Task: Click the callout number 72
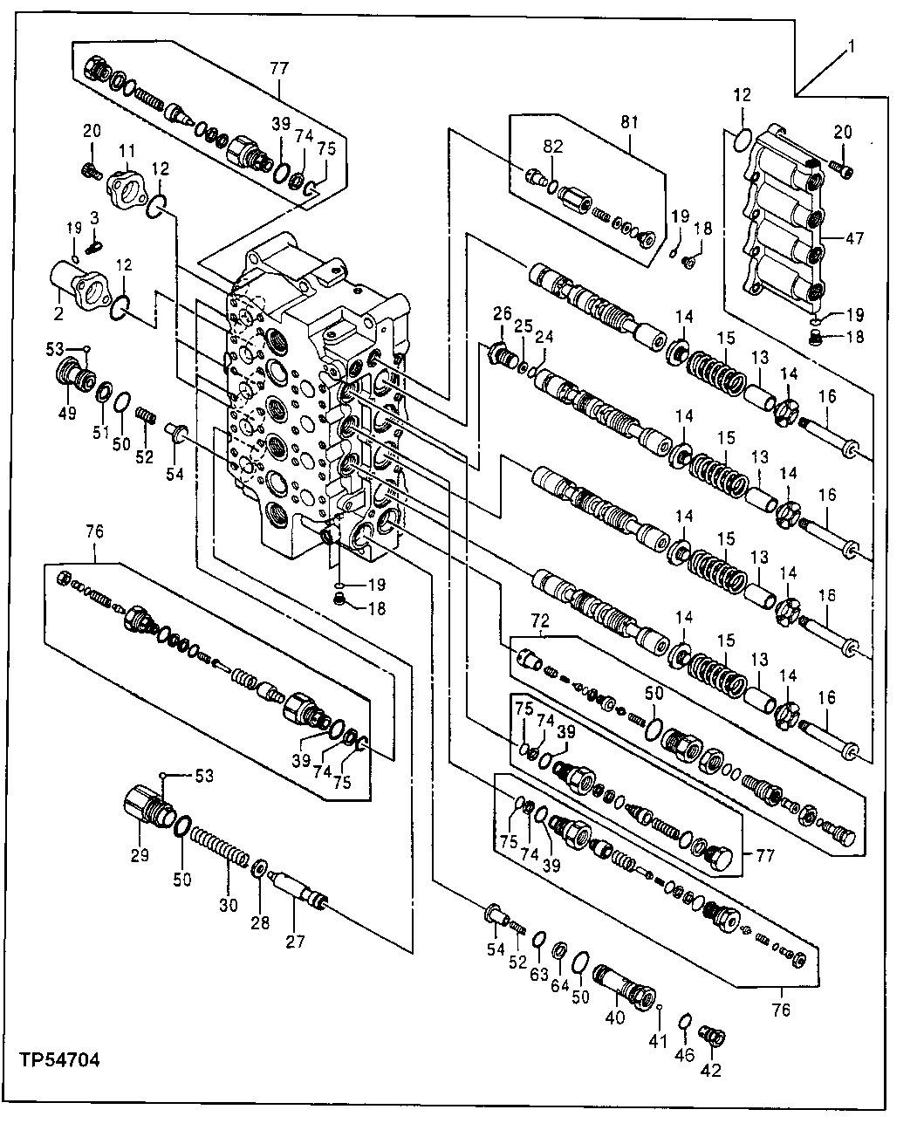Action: pyautogui.click(x=541, y=621)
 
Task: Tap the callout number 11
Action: pyautogui.click(x=127, y=149)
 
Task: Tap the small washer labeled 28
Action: pyautogui.click(x=260, y=871)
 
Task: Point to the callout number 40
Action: pyautogui.click(x=616, y=1017)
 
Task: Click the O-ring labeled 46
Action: pyautogui.click(x=686, y=1022)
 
